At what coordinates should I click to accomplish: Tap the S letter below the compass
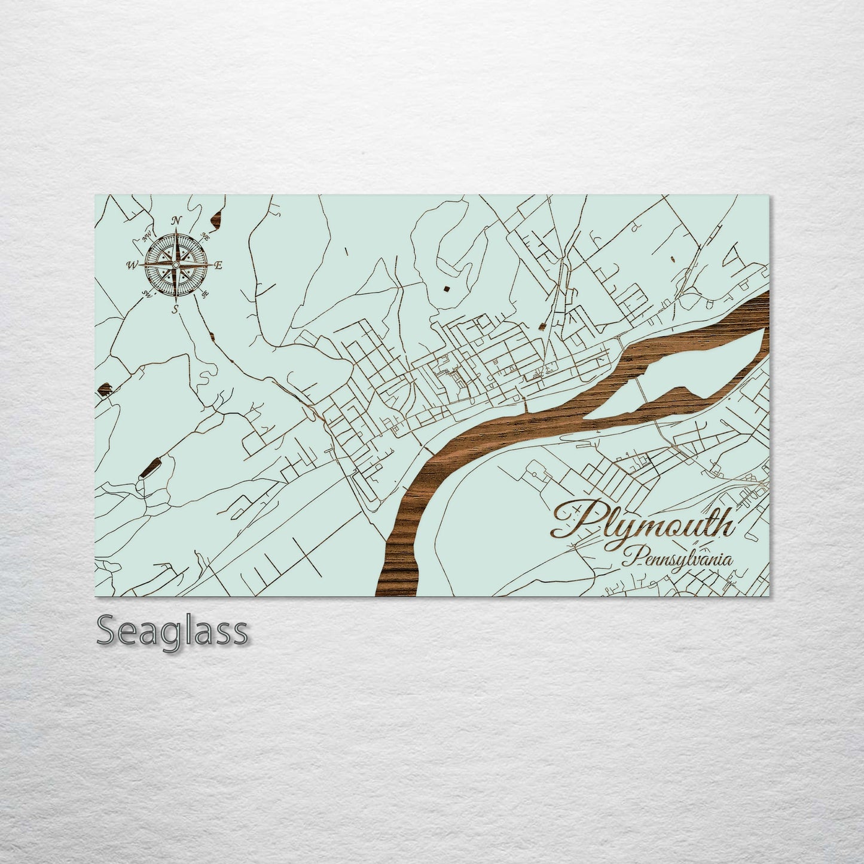click(x=175, y=309)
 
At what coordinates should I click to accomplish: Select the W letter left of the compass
click(x=132, y=265)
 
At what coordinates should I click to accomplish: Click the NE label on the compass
click(x=207, y=234)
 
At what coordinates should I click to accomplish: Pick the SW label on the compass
click(x=145, y=294)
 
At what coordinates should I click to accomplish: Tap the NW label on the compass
click(x=145, y=236)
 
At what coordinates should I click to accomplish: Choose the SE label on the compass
click(x=206, y=294)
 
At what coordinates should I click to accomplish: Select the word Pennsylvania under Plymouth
click(x=677, y=560)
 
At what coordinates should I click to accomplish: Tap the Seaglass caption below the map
click(x=172, y=630)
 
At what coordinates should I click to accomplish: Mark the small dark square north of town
click(x=446, y=289)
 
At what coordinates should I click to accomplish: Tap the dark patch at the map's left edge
click(x=104, y=391)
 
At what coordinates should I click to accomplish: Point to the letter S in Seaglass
click(x=107, y=630)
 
